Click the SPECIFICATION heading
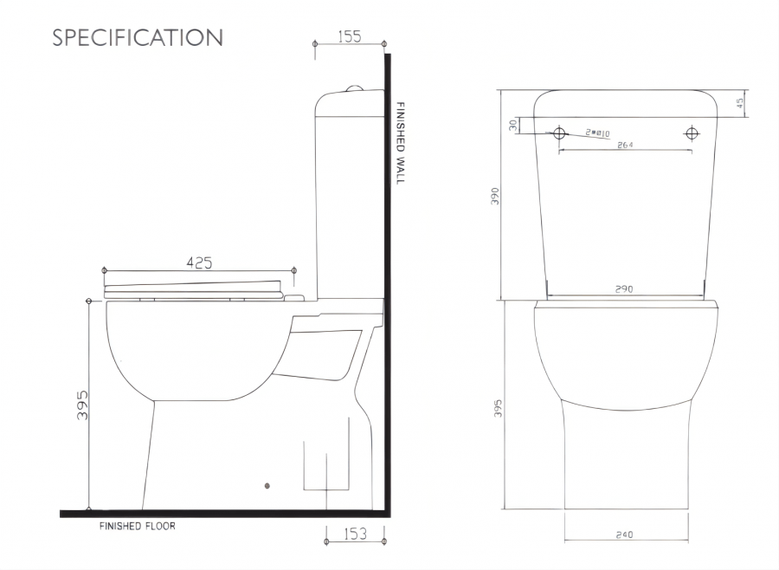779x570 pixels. (138, 37)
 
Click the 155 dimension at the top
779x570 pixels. (350, 36)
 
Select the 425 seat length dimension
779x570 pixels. (199, 262)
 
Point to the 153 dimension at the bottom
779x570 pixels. (355, 534)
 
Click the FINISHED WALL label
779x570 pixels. (400, 143)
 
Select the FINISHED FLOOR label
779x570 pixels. (137, 526)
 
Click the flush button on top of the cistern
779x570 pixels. (353, 88)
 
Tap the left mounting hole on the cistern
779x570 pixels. (559, 133)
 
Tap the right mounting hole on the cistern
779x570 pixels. (692, 133)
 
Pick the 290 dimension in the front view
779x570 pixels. (624, 289)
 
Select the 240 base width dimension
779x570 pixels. (624, 534)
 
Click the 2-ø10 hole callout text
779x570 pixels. (597, 133)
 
